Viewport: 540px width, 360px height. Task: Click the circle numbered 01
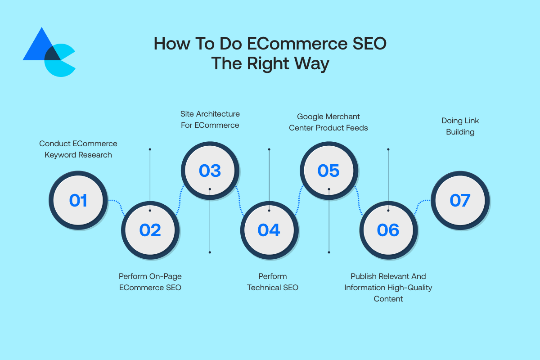click(78, 200)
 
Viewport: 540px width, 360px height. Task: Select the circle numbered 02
click(150, 230)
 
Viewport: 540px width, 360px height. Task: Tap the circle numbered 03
click(210, 171)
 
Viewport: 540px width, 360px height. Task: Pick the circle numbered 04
click(269, 230)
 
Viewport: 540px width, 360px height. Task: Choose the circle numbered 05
click(328, 171)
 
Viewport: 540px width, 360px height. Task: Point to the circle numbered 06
click(388, 230)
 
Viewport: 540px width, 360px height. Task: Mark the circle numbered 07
click(460, 200)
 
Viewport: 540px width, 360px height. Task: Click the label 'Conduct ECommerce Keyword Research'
click(78, 149)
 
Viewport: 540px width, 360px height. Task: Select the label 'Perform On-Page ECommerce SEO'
click(150, 282)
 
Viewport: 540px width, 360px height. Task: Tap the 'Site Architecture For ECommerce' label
click(210, 119)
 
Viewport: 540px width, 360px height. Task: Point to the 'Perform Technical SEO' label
click(273, 282)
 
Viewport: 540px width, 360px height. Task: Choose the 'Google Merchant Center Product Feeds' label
click(328, 122)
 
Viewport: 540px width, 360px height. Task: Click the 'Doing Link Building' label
click(460, 126)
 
